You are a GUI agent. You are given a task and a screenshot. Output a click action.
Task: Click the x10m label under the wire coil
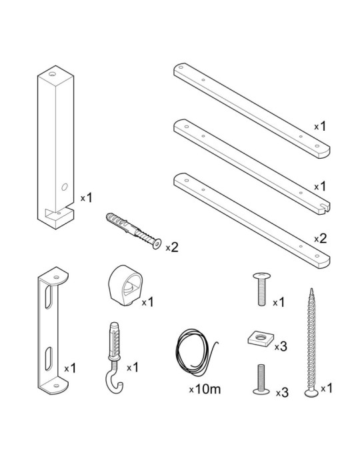point(205,389)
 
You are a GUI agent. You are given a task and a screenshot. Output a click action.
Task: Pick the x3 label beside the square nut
point(281,346)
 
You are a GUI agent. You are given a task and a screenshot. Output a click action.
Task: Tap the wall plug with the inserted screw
point(133,231)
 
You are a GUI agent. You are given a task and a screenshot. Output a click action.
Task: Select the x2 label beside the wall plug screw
point(172,248)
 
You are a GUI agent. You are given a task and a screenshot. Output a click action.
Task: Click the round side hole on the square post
point(64,187)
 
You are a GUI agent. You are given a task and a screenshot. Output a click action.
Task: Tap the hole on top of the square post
point(53,73)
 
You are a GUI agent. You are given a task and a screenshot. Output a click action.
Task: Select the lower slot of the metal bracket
point(49,359)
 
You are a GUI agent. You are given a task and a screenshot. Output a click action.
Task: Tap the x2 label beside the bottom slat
point(321,238)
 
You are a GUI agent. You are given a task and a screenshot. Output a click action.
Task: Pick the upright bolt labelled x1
point(261,289)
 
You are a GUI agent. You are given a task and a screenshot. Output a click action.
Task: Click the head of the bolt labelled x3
point(261,391)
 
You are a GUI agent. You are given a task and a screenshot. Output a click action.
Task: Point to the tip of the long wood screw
point(311,288)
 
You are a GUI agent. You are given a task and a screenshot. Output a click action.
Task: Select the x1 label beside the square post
point(86,197)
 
